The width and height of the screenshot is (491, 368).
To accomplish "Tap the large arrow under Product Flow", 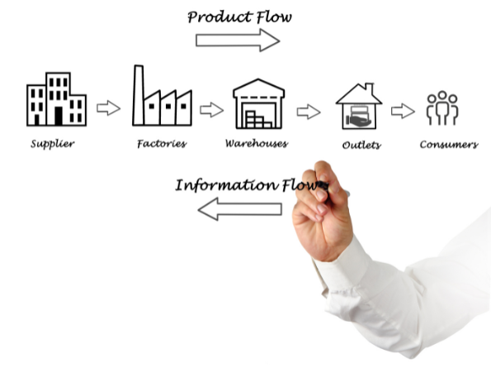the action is tap(238, 41).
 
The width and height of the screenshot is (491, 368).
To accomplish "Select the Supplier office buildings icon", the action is tap(56, 99).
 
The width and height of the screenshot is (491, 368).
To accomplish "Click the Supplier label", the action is tap(53, 144).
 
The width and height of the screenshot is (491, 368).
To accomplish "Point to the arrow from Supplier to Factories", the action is tap(108, 108).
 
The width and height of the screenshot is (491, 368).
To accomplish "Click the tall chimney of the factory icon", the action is tap(139, 95).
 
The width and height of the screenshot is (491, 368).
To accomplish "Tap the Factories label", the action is tap(162, 144).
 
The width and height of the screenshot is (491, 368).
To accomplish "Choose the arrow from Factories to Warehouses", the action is tap(212, 110).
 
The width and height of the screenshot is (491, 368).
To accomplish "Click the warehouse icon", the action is tap(258, 103).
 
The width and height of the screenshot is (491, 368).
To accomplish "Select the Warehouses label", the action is tap(257, 144).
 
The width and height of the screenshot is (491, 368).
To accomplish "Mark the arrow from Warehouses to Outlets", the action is tap(309, 112).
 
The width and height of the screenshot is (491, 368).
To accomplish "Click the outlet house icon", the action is tap(359, 106).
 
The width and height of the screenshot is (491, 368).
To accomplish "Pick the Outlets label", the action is tap(361, 145).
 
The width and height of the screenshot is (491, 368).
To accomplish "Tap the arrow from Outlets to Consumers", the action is tap(403, 111).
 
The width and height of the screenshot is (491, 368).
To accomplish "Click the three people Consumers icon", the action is tap(442, 108).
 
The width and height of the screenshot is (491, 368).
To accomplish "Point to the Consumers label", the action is tap(449, 145).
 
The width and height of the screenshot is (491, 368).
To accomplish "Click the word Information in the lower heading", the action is tap(226, 185).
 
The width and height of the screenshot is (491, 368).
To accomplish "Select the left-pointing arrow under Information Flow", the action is tap(240, 209).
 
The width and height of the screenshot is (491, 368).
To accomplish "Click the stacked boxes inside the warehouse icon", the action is tap(258, 119).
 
